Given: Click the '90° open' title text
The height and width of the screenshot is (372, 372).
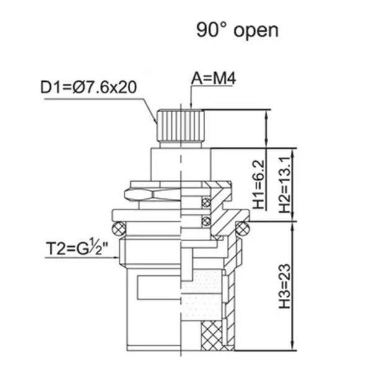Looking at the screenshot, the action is [x=237, y=30].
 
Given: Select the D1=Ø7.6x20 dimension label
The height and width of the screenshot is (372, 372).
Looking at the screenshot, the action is [x=89, y=87].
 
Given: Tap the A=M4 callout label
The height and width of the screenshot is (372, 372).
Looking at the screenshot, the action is [x=213, y=79].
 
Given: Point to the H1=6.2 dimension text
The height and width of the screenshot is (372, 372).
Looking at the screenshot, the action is [x=259, y=184].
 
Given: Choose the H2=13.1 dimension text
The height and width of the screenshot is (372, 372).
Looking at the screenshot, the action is [x=285, y=184].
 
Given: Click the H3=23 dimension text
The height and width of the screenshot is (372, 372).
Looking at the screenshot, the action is [x=285, y=286].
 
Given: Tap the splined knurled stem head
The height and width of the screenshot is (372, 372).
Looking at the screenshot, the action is [x=180, y=125].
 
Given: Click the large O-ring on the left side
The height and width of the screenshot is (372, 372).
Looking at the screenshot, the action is [x=118, y=229].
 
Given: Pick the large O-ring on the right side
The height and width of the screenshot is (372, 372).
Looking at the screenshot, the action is [x=242, y=229].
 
